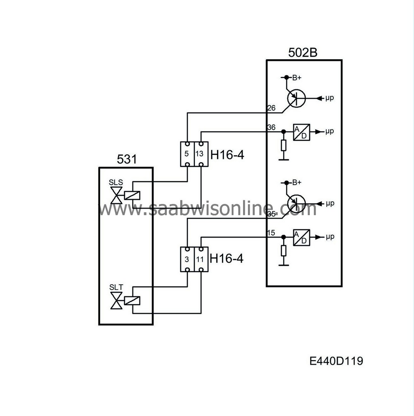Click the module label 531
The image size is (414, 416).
coord(126,159)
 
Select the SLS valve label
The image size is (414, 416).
coord(116,183)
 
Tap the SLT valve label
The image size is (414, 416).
coord(116,287)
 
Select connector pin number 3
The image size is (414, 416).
coord(187,260)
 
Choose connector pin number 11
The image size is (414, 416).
coord(200,260)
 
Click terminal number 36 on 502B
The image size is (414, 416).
coord(271,127)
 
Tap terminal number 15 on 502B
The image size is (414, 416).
coord(271,233)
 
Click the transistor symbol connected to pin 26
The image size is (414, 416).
coord(296,98)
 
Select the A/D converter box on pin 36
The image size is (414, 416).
coord(301,132)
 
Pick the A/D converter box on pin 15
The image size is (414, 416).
coord(301,238)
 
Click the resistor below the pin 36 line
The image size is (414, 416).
coord(283,145)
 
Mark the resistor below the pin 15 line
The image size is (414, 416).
coord(283,250)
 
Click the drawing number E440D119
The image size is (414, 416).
coord(336,361)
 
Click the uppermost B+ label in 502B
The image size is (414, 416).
coord(297,77)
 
